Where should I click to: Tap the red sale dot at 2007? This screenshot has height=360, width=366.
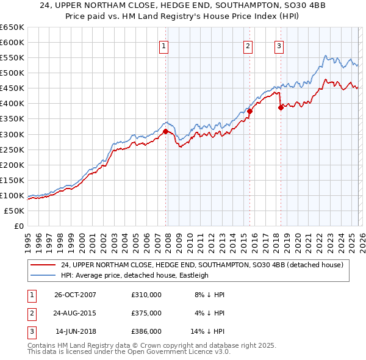[165, 131]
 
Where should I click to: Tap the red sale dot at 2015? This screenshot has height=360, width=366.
[249, 111]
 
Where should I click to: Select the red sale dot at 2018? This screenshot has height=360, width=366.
[281, 107]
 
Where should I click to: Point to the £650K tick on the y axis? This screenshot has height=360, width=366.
[12, 27]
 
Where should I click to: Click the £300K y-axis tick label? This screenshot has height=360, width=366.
[12, 134]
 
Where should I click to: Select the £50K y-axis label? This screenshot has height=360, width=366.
[15, 211]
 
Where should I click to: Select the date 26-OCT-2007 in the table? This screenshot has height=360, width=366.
[75, 295]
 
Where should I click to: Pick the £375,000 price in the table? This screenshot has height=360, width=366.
[146, 313]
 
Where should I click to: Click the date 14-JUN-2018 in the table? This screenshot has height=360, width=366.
[75, 331]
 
